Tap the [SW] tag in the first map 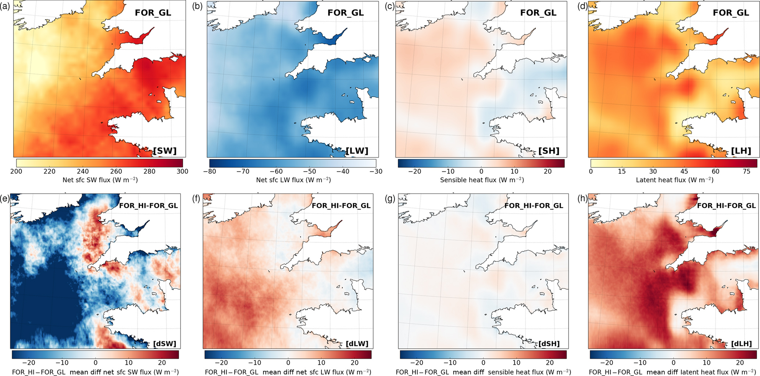[165, 151]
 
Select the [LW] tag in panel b [357, 151]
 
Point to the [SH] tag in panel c [549, 151]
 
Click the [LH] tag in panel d [741, 151]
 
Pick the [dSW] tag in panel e [165, 344]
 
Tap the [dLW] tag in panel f [357, 344]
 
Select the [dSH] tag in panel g [549, 344]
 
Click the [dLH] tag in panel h [741, 344]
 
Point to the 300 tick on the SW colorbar [182, 171]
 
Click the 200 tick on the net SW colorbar [16, 171]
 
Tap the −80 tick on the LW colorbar [209, 171]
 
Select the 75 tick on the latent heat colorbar [746, 171]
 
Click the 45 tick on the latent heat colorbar [684, 171]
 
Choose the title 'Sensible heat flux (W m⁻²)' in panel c [482, 180]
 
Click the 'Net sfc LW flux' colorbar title [293, 180]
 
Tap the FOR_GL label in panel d [731, 12]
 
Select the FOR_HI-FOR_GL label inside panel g [534, 206]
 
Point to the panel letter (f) [197, 199]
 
